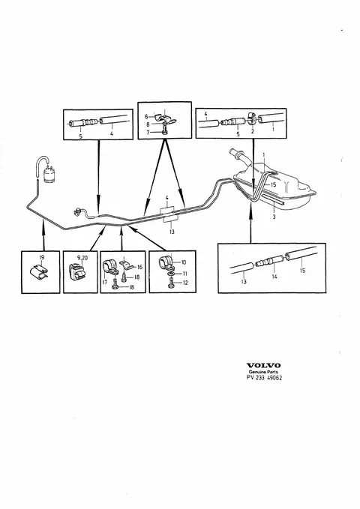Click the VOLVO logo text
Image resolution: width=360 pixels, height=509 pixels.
coord(263,366)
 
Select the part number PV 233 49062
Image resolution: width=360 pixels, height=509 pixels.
coord(264,378)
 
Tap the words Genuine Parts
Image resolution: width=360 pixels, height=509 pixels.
coord(263,372)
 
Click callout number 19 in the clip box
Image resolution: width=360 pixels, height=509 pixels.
coord(41,257)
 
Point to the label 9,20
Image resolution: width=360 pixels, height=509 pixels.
coord(82,258)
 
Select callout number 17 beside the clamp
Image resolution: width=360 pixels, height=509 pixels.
coord(104,282)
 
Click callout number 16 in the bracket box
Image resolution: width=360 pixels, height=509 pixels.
coord(139,267)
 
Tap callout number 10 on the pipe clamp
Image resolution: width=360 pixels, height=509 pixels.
coord(184,262)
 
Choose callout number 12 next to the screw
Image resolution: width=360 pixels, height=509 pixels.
coord(185,283)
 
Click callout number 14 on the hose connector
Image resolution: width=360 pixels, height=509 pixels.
coord(274,277)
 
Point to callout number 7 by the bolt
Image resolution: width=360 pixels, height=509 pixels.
coord(148,133)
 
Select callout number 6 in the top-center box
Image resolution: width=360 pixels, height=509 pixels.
coord(146,116)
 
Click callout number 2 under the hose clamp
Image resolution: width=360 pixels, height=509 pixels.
coord(253,131)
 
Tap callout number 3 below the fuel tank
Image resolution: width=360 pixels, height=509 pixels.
coord(274,217)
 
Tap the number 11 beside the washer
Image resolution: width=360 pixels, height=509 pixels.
coord(184,274)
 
